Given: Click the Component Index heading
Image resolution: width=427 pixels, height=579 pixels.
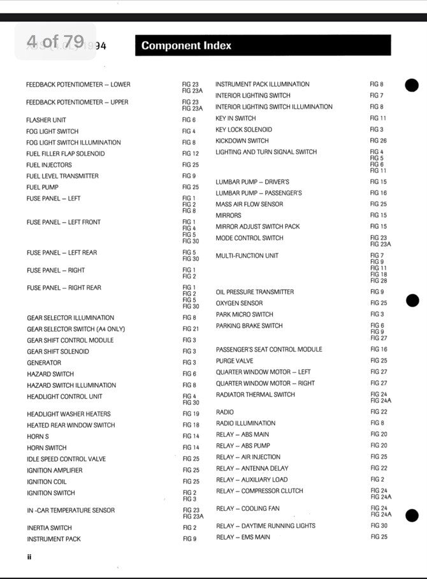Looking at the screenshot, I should click(186, 46).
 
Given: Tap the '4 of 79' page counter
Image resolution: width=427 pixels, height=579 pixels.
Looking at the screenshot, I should click(55, 41).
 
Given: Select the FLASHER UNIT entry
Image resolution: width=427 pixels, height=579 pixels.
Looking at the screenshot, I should click(46, 120).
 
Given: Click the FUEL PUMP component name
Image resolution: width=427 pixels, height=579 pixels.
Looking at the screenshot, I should click(43, 187).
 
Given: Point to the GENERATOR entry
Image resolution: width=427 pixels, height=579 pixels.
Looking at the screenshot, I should click(44, 362).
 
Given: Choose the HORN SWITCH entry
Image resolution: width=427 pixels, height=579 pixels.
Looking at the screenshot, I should click(47, 448).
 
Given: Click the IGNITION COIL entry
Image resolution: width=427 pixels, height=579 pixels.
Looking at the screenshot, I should click(47, 482).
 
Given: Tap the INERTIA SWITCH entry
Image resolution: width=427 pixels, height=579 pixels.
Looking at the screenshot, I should click(49, 528).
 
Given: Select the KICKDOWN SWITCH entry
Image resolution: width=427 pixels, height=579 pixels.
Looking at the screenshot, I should click(242, 141).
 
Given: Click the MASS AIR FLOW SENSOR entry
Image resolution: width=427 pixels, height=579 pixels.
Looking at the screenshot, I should click(249, 204).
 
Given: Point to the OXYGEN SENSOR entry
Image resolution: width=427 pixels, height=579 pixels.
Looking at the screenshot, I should click(239, 303).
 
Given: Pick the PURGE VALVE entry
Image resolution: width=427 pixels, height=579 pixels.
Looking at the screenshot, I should click(235, 361).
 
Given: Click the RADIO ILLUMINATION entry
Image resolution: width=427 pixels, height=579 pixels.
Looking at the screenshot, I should click(245, 423).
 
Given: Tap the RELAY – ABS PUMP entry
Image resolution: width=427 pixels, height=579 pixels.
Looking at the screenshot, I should click(243, 446).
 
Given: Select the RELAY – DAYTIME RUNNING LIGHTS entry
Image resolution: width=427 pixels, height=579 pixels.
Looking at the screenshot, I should click(266, 526).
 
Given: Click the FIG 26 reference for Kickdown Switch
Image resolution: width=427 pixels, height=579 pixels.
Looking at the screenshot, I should click(379, 141).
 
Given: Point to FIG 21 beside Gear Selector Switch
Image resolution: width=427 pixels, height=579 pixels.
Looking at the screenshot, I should click(191, 329).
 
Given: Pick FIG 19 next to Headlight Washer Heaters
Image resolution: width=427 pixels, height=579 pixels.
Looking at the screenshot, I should click(191, 414).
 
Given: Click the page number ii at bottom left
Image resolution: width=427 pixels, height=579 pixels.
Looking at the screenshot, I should click(29, 557).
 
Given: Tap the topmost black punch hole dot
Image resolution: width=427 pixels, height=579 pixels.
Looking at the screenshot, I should click(412, 85).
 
